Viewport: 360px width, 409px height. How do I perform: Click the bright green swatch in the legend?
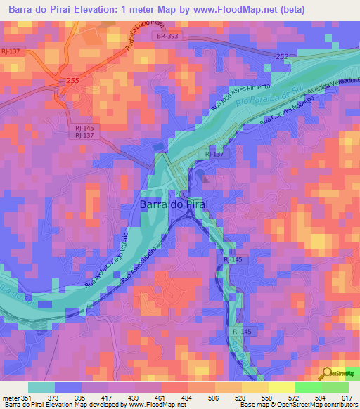(x=309, y=387)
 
